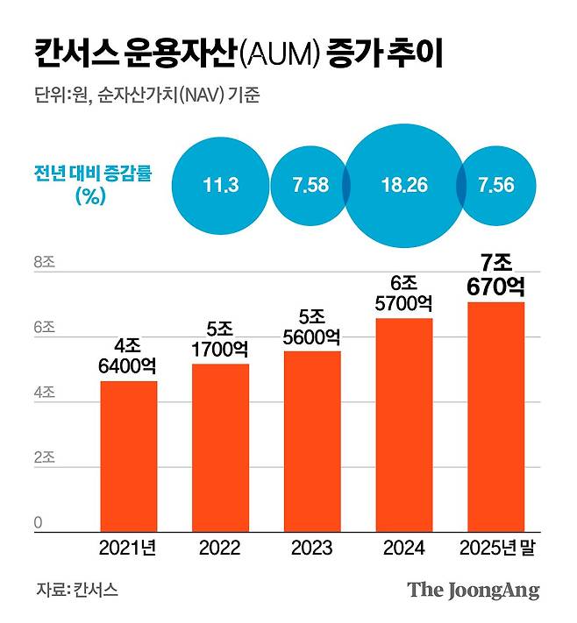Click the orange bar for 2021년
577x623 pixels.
pyautogui.click(x=128, y=456)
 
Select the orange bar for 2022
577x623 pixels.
pyautogui.click(x=219, y=447)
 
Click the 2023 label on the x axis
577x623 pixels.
pyautogui.click(x=311, y=549)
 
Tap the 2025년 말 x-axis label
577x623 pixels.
pyautogui.click(x=495, y=549)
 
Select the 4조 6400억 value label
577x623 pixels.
pyautogui.click(x=128, y=355)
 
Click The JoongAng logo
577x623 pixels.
pyautogui.click(x=473, y=590)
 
